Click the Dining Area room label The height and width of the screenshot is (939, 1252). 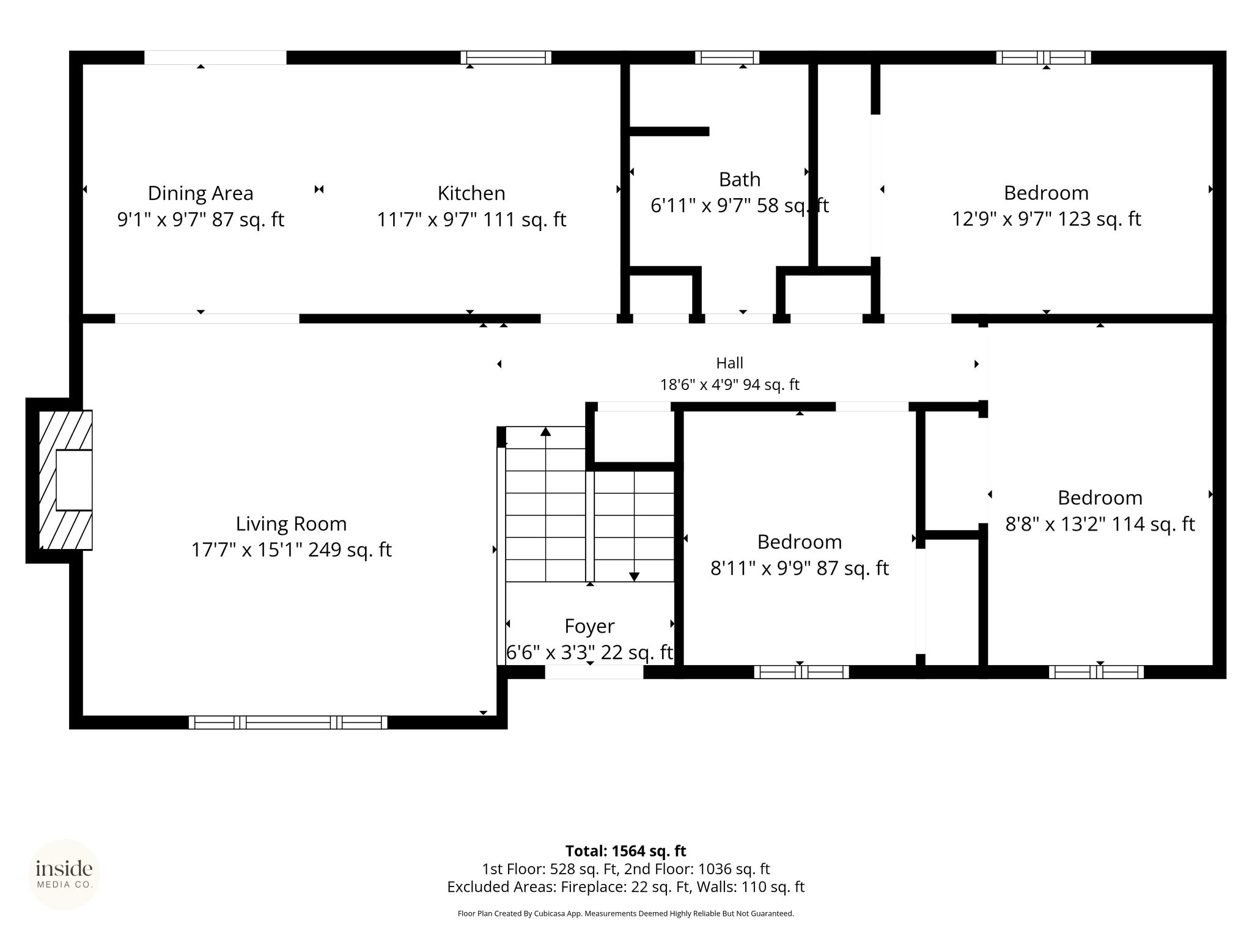click(x=201, y=193)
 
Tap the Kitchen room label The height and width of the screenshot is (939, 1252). click(x=471, y=193)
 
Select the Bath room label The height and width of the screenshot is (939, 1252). click(x=740, y=180)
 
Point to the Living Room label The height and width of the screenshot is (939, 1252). click(x=292, y=524)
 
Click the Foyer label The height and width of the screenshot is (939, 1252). click(x=589, y=627)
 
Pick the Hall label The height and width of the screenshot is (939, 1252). click(x=730, y=363)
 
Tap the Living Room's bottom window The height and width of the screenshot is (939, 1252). click(x=288, y=722)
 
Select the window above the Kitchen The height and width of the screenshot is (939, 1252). click(x=506, y=57)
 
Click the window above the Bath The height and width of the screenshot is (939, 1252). click(x=727, y=57)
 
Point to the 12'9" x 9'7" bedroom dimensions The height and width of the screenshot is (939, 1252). click(x=1047, y=219)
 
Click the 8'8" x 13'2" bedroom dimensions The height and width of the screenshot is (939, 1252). click(x=1100, y=524)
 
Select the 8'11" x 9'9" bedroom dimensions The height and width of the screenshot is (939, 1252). click(x=800, y=568)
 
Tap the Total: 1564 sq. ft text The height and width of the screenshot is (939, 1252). click(x=626, y=851)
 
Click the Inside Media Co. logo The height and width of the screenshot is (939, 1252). click(x=65, y=875)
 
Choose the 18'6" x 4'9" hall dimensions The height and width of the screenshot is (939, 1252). click(x=730, y=385)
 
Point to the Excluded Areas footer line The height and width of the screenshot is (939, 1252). click(x=626, y=887)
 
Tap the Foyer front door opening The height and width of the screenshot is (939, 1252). click(x=594, y=672)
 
